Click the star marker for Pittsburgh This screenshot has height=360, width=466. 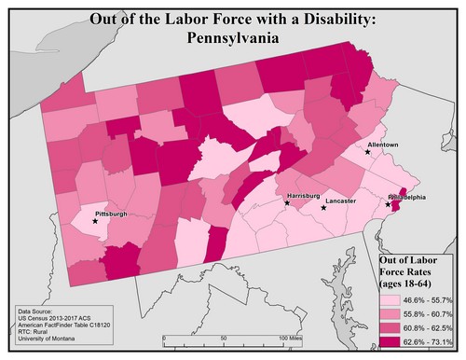click(x=94, y=221)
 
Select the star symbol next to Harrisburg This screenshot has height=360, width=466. click(x=286, y=202)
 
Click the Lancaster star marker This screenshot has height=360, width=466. click(x=323, y=207)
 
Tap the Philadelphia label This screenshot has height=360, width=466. click(x=407, y=197)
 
